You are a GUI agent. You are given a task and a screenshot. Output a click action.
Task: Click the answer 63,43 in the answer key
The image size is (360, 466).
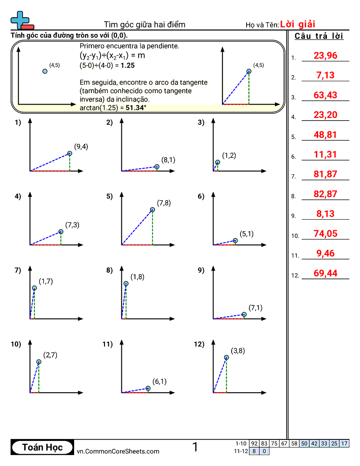(x=325, y=95)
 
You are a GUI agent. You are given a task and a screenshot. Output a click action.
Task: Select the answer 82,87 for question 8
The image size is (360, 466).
(x=325, y=194)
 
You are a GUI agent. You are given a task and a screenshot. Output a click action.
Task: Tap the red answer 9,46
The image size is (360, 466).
(x=325, y=253)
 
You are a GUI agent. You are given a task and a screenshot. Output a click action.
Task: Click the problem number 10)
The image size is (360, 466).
(x=16, y=345)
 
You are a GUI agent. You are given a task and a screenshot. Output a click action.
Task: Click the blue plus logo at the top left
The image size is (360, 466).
(x=20, y=19)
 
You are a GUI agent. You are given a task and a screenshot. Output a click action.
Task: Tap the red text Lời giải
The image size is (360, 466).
(x=297, y=24)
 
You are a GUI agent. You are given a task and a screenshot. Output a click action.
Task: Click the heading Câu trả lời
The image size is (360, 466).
(x=319, y=36)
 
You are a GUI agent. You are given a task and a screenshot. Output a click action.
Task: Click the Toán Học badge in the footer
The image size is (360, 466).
(x=42, y=447)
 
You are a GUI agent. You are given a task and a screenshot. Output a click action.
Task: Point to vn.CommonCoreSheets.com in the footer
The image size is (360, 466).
(x=118, y=451)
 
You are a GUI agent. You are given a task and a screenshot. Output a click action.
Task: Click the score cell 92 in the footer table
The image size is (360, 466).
(x=254, y=443)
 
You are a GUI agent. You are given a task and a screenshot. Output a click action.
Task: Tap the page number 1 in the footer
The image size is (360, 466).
(x=195, y=447)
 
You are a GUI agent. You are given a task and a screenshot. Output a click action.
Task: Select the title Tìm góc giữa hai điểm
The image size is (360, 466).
(x=144, y=24)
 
